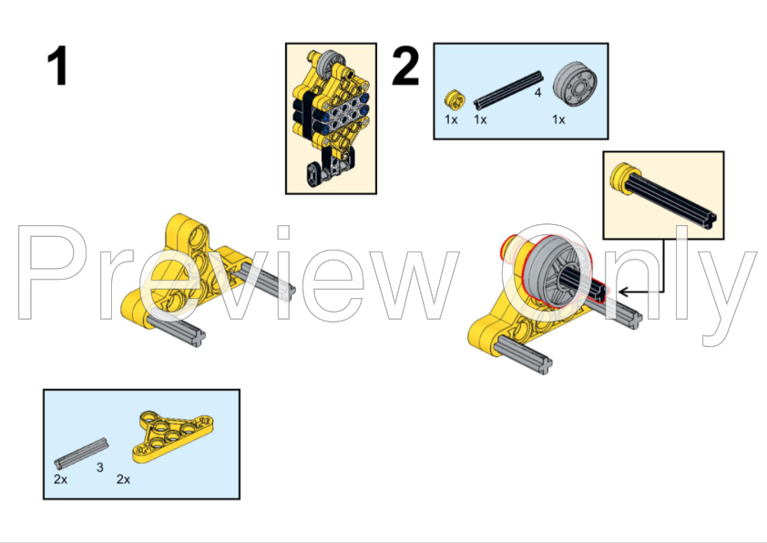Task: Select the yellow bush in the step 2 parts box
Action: (x=451, y=98)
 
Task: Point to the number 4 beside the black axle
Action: (x=537, y=92)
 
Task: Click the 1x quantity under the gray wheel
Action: (x=558, y=119)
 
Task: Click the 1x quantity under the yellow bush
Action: (x=451, y=119)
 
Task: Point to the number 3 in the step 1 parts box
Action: (x=99, y=466)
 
